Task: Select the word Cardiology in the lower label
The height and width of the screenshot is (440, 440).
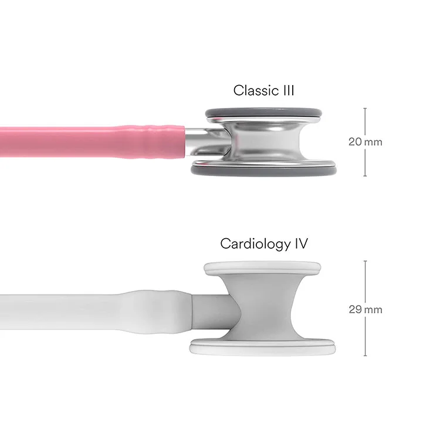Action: tap(255, 243)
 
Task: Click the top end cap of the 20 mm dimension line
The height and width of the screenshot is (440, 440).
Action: tap(365, 109)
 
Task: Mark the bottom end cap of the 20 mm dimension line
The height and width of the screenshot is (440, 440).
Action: tap(365, 176)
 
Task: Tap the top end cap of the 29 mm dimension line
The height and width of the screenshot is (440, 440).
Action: tap(365, 261)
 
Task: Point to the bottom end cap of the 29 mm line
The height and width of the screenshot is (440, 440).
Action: tap(365, 356)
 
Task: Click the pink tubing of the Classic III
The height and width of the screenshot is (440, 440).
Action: tap(59, 141)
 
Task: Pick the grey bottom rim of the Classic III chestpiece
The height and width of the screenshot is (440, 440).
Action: tap(263, 170)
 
